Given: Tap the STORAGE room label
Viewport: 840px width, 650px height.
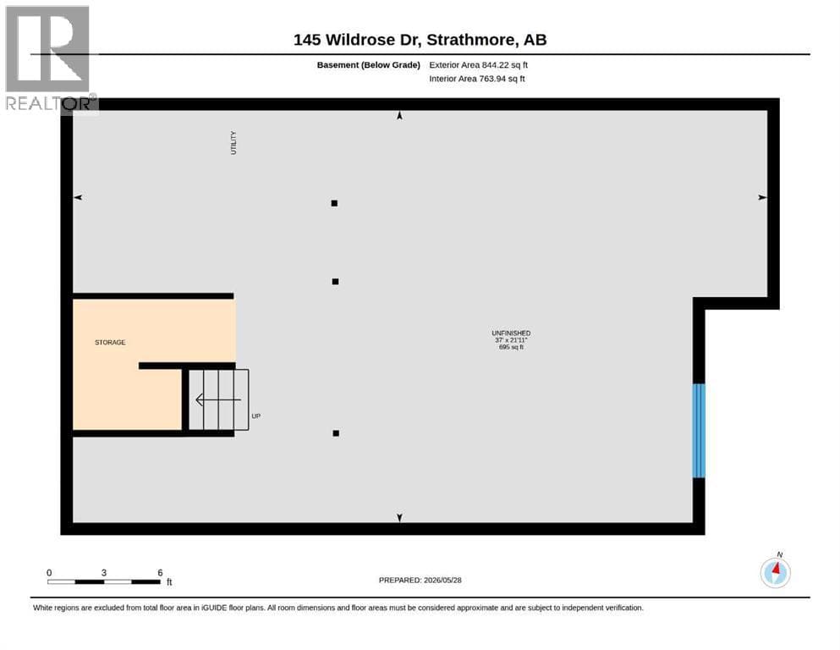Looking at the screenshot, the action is (110, 343).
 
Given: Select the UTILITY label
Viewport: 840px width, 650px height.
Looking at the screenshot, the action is (233, 142).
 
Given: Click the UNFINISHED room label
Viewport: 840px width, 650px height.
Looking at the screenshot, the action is (511, 333).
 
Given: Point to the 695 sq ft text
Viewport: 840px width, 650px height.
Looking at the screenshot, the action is (511, 347).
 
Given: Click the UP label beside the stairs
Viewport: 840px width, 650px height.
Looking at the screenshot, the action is (256, 416).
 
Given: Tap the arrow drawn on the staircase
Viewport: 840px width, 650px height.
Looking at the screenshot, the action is (218, 399).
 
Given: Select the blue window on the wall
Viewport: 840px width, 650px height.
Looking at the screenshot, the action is (699, 430).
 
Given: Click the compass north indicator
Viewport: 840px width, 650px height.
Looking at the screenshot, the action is (775, 571).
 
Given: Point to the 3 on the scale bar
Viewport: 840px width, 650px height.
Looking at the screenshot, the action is (104, 573).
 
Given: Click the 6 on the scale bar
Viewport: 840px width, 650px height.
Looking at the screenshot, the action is (160, 573).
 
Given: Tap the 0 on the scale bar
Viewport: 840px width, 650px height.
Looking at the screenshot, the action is (49, 573).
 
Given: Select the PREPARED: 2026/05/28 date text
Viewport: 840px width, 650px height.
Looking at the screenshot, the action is (420, 581).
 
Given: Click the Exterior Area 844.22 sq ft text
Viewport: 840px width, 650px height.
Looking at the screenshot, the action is (479, 65).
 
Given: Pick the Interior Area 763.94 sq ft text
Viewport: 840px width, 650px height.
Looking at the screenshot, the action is (477, 79).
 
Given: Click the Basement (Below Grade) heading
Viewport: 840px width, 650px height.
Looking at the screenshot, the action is (369, 65).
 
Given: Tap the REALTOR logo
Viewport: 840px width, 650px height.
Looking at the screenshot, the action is (49, 58).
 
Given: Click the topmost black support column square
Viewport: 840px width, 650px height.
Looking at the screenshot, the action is (334, 203).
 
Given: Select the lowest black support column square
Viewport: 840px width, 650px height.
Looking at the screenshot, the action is (336, 433).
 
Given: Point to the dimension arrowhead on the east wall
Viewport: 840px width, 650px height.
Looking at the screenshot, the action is (762, 198).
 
